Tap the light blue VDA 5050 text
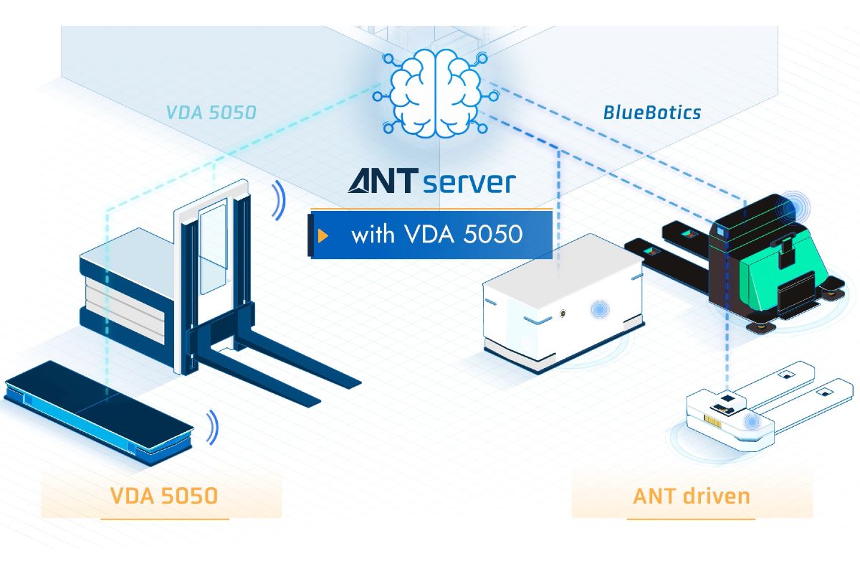[x=211, y=113]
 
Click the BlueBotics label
[x=651, y=112]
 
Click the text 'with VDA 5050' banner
[x=436, y=235]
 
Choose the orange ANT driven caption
[x=692, y=496]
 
